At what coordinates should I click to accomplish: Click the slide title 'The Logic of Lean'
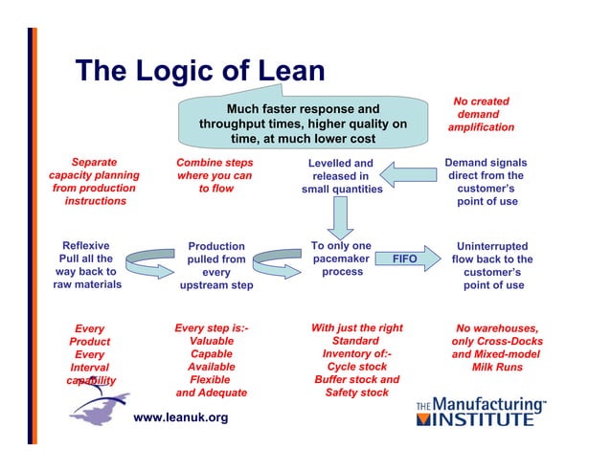(x=200, y=71)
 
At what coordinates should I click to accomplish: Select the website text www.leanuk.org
(x=180, y=417)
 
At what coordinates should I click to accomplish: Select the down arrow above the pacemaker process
(x=340, y=216)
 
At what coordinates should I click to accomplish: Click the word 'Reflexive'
(x=86, y=245)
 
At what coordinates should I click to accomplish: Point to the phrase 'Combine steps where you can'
(x=214, y=169)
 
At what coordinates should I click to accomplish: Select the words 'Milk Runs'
(x=497, y=368)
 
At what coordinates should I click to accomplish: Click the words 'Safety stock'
(x=356, y=393)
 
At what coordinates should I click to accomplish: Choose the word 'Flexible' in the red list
(x=212, y=379)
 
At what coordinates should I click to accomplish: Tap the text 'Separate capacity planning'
(x=94, y=169)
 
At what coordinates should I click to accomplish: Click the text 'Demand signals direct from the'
(x=486, y=169)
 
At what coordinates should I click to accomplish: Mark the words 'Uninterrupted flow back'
(x=492, y=253)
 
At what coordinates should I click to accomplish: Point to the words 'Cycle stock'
(x=356, y=367)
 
